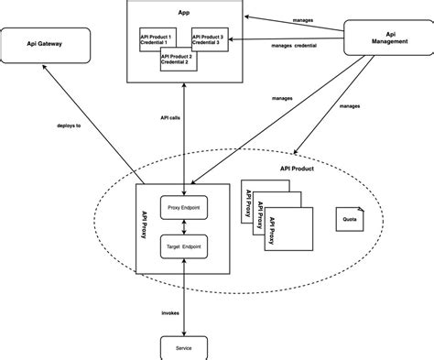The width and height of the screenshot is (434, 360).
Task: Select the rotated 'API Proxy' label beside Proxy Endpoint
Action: pyautogui.click(x=147, y=225)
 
